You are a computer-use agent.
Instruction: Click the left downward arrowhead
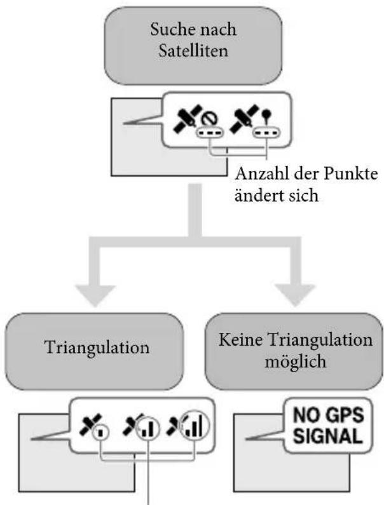click(97, 293)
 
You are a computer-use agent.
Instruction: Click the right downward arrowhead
click(296, 293)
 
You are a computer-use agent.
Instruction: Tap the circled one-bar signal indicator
click(103, 434)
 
